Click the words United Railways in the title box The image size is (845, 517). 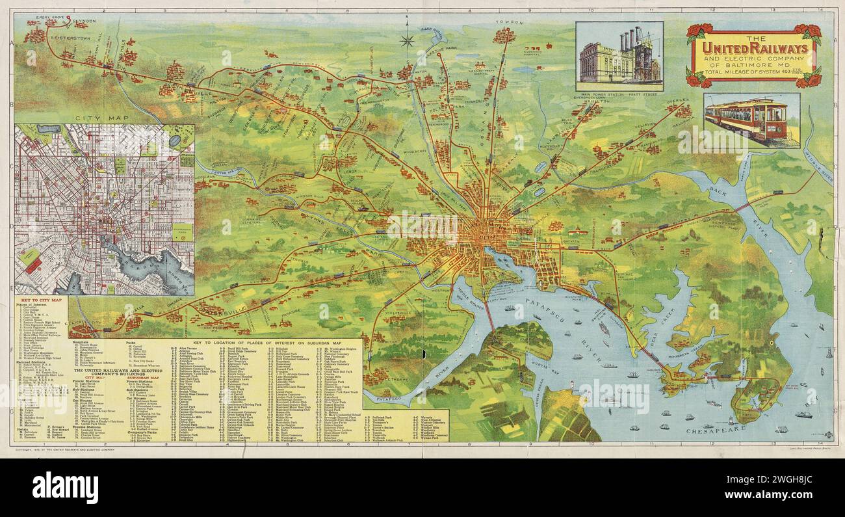[x=753, y=49]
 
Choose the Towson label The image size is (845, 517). [x=509, y=22]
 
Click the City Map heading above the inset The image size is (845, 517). [x=95, y=118]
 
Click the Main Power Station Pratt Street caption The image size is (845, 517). [x=619, y=95]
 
